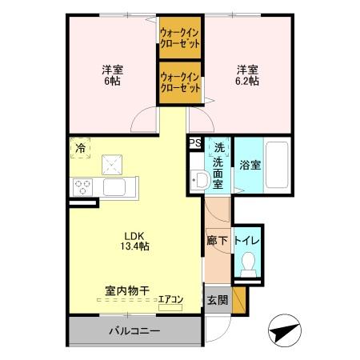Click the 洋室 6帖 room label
click(x=110, y=74)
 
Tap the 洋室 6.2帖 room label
click(x=246, y=74)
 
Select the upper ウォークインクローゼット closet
click(x=180, y=37)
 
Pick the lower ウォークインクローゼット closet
click(x=180, y=82)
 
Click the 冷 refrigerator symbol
click(x=81, y=147)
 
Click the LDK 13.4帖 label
click(x=134, y=241)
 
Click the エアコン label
click(x=170, y=300)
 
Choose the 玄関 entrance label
click(x=217, y=301)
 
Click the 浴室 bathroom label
click(x=250, y=166)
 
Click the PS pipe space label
click(x=195, y=143)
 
